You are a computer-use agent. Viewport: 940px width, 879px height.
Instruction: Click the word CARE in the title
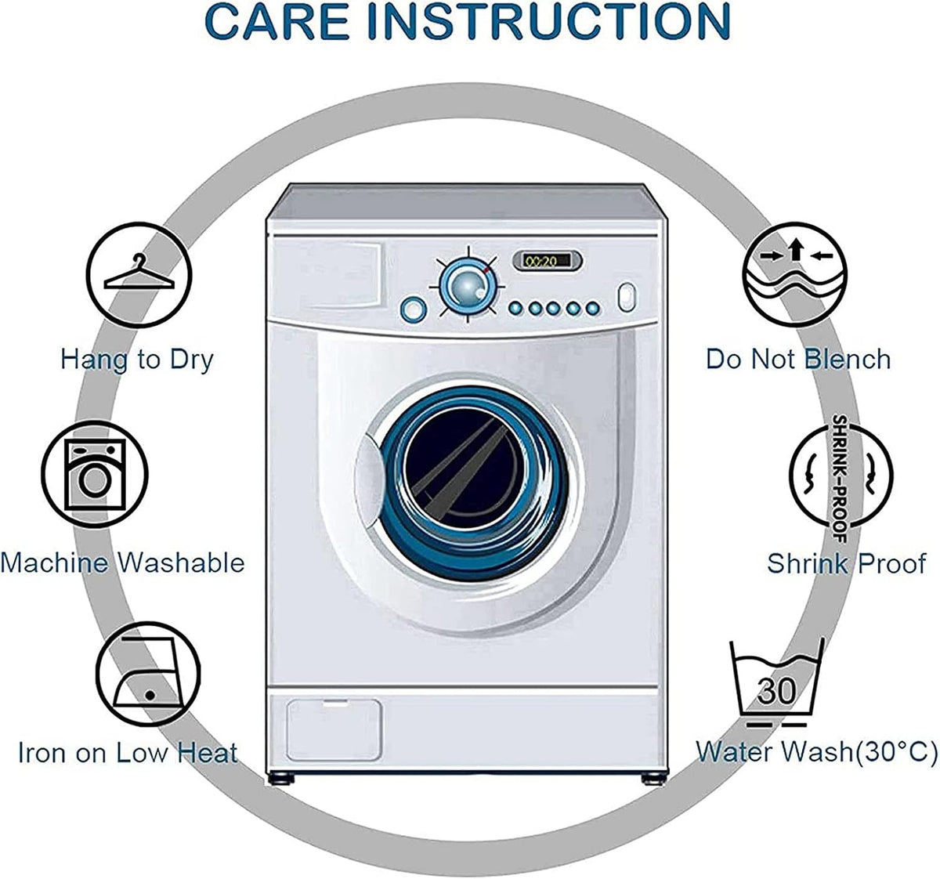[278, 22]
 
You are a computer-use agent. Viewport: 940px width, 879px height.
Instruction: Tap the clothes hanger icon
[139, 275]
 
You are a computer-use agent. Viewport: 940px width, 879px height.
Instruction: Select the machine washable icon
[95, 474]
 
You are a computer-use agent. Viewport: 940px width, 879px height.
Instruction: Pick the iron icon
[148, 675]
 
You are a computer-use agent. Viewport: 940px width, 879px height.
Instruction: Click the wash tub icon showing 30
[777, 682]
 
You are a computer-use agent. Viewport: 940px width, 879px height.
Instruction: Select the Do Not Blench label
[798, 359]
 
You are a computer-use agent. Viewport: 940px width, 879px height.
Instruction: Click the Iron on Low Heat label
[128, 754]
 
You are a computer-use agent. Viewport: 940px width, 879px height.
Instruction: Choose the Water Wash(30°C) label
[816, 751]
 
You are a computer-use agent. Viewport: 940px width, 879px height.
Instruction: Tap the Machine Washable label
[122, 563]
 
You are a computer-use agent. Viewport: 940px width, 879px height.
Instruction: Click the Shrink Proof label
[846, 563]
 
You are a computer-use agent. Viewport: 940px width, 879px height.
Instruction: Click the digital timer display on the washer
[548, 260]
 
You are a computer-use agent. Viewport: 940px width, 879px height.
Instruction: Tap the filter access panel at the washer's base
[334, 730]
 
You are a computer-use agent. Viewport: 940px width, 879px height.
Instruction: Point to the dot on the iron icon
[150, 695]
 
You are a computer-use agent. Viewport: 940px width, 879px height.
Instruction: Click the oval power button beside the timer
[627, 298]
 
